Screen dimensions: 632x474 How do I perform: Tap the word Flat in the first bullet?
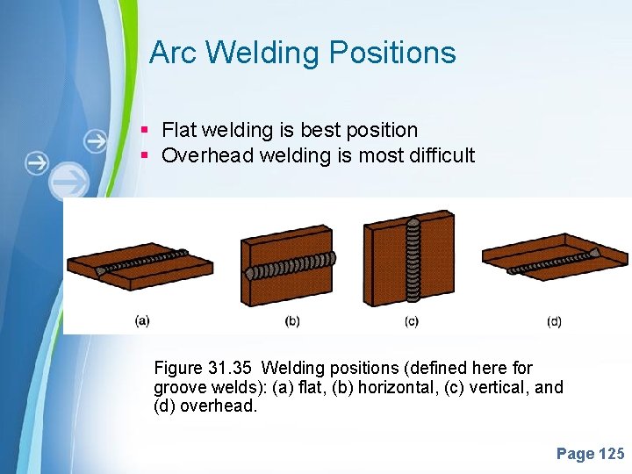(179, 130)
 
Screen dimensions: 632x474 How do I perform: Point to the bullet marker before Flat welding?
(146, 131)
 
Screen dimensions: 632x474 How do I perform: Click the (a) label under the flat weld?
(142, 320)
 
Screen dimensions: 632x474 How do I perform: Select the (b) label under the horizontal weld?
(292, 320)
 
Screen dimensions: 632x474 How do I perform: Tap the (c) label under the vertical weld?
(411, 321)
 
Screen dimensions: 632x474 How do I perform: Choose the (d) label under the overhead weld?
(554, 321)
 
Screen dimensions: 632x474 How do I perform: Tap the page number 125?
(611, 454)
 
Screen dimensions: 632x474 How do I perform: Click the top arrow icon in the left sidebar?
(95, 140)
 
